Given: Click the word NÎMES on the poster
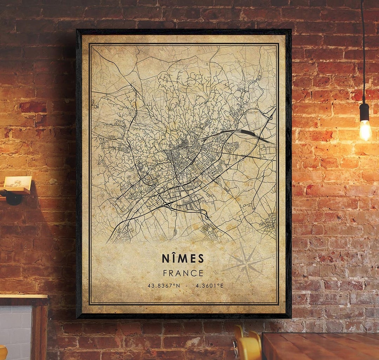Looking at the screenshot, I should pyautogui.click(x=183, y=258).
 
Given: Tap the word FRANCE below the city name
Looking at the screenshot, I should pyautogui.click(x=183, y=273).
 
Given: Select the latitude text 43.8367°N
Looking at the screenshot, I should pyautogui.click(x=164, y=286).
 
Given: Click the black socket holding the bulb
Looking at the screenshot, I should pyautogui.click(x=364, y=111).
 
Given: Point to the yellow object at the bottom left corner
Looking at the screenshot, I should pyautogui.click(x=3, y=353).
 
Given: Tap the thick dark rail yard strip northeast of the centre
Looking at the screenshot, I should pyautogui.click(x=246, y=133).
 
